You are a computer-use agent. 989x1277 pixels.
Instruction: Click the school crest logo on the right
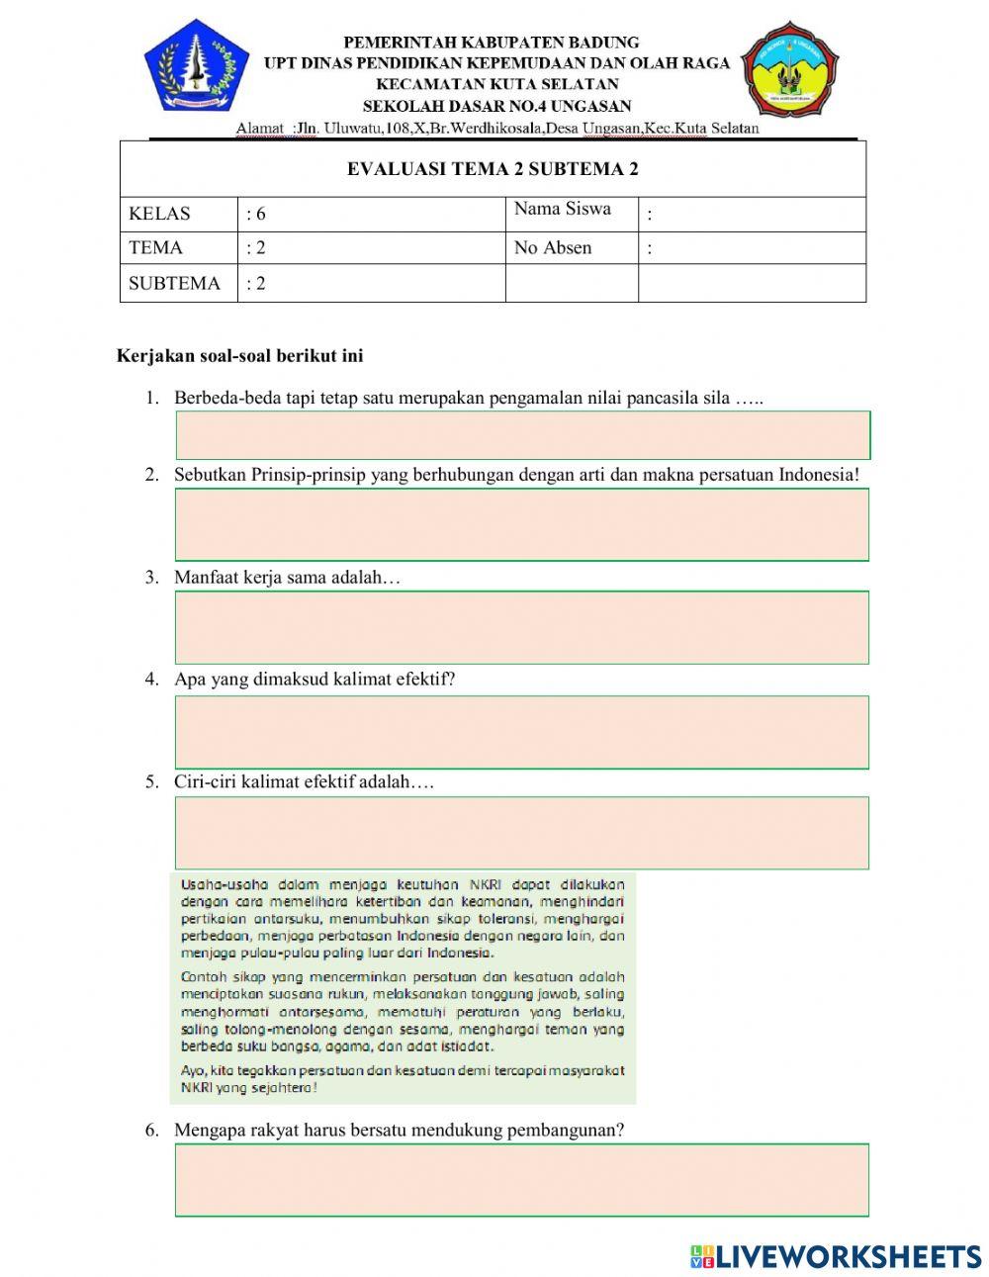(790, 69)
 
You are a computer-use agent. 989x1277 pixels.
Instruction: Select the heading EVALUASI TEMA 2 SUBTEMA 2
(493, 169)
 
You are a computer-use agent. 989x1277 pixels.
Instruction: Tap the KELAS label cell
(178, 214)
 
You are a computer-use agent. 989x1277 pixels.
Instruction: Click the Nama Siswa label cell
(571, 210)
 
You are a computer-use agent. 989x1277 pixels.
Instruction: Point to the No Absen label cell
(571, 248)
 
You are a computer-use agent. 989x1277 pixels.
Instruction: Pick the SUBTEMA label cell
(178, 283)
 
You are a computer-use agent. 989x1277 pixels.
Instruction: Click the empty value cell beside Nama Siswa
(752, 214)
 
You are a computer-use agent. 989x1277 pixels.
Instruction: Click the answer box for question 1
(522, 435)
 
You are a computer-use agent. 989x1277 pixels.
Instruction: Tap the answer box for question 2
(522, 524)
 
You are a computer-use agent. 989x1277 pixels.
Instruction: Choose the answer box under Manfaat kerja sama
(522, 627)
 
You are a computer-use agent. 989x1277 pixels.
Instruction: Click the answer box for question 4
(522, 732)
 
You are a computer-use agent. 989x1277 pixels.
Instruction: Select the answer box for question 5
(522, 833)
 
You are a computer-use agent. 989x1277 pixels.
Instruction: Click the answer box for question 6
(522, 1180)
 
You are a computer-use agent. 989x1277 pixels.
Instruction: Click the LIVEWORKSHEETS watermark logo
(836, 1256)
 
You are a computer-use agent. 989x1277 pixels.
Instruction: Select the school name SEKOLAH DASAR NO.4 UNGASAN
(496, 106)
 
